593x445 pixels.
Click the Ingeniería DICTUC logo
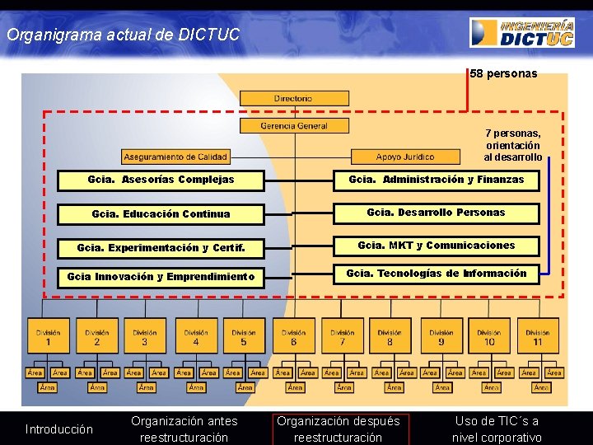tap(522, 32)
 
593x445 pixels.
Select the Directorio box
tap(293, 98)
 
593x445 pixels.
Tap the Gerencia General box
tap(293, 126)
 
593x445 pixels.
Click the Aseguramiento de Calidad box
tap(175, 156)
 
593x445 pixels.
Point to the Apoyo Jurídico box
tap(405, 156)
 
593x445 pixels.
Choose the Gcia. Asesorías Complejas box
tap(161, 180)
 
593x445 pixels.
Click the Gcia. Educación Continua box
tap(161, 214)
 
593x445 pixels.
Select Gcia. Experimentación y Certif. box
tap(161, 248)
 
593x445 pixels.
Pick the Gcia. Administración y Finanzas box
tap(436, 180)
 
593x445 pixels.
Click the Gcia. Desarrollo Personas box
tap(436, 213)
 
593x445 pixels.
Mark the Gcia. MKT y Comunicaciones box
tap(436, 246)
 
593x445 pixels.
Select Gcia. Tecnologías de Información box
tap(436, 274)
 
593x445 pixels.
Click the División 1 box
tap(48, 338)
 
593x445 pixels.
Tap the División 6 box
tap(293, 338)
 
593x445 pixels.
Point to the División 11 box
tap(537, 338)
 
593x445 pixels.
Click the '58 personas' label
tap(503, 74)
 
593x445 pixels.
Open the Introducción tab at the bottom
tap(59, 429)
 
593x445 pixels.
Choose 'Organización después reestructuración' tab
tap(338, 429)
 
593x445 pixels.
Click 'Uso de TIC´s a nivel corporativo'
tap(497, 429)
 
